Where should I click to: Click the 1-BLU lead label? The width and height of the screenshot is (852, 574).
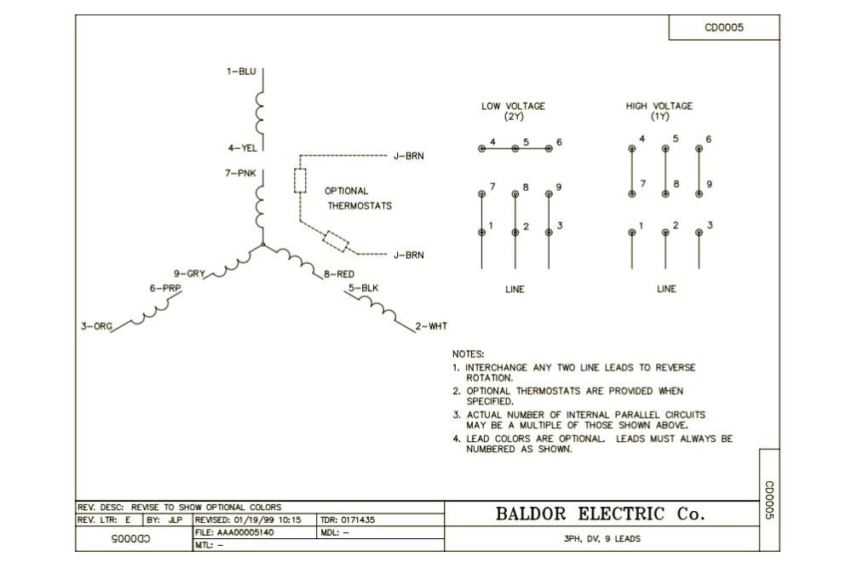pyautogui.click(x=241, y=72)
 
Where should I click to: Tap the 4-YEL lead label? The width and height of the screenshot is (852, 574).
pyautogui.click(x=242, y=148)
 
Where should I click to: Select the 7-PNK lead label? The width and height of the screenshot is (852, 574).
pyautogui.click(x=240, y=173)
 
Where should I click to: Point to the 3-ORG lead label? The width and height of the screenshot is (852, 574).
pyautogui.click(x=96, y=326)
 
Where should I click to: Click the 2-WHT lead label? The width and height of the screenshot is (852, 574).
pyautogui.click(x=431, y=326)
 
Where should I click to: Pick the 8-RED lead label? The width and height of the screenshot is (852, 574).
pyautogui.click(x=339, y=274)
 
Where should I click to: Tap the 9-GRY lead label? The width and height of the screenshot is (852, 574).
pyautogui.click(x=190, y=273)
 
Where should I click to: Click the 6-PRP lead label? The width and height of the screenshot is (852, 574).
pyautogui.click(x=165, y=288)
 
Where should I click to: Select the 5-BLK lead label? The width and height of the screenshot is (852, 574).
pyautogui.click(x=363, y=288)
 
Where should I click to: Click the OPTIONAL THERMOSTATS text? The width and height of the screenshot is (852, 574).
pyautogui.click(x=359, y=198)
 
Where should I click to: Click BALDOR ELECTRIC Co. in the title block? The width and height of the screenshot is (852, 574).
pyautogui.click(x=601, y=514)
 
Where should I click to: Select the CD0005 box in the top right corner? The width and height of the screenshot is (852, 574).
pyautogui.click(x=724, y=27)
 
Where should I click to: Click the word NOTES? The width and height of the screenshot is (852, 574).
pyautogui.click(x=468, y=353)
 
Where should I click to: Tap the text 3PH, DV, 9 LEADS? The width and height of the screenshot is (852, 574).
pyautogui.click(x=602, y=539)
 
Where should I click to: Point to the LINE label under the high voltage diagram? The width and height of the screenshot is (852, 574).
pyautogui.click(x=666, y=290)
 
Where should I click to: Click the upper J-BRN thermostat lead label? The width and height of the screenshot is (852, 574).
pyautogui.click(x=408, y=156)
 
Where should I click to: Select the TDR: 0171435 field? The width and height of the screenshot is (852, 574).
pyautogui.click(x=348, y=519)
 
